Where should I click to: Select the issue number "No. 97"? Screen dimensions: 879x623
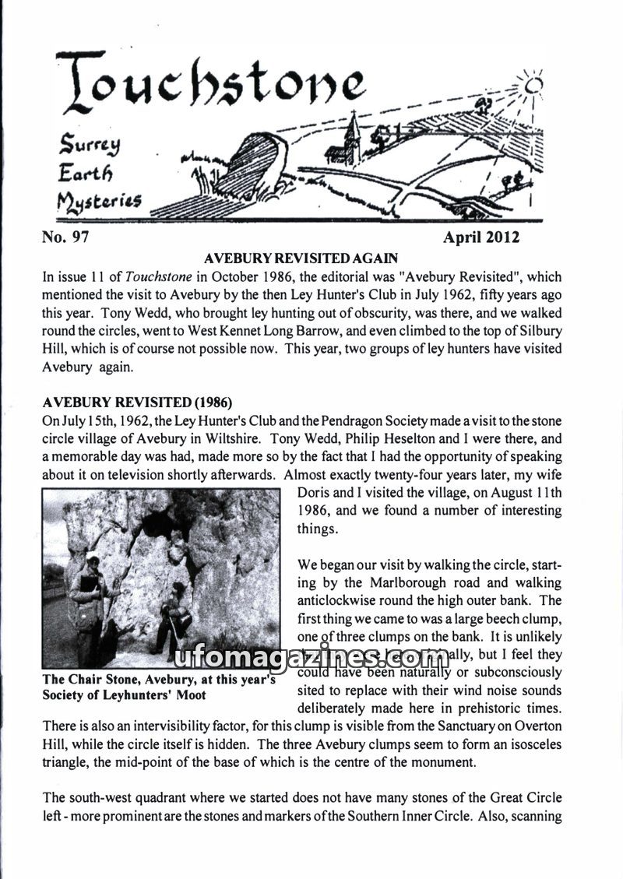(65, 237)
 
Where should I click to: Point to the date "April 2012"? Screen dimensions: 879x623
(480, 237)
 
